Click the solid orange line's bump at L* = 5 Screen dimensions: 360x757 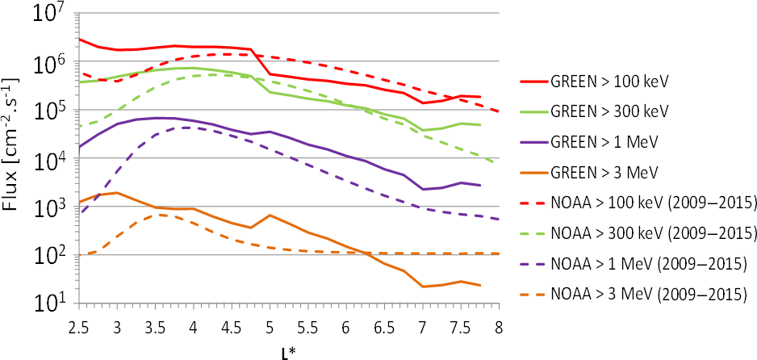point(270,216)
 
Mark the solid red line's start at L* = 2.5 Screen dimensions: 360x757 point(79,39)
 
